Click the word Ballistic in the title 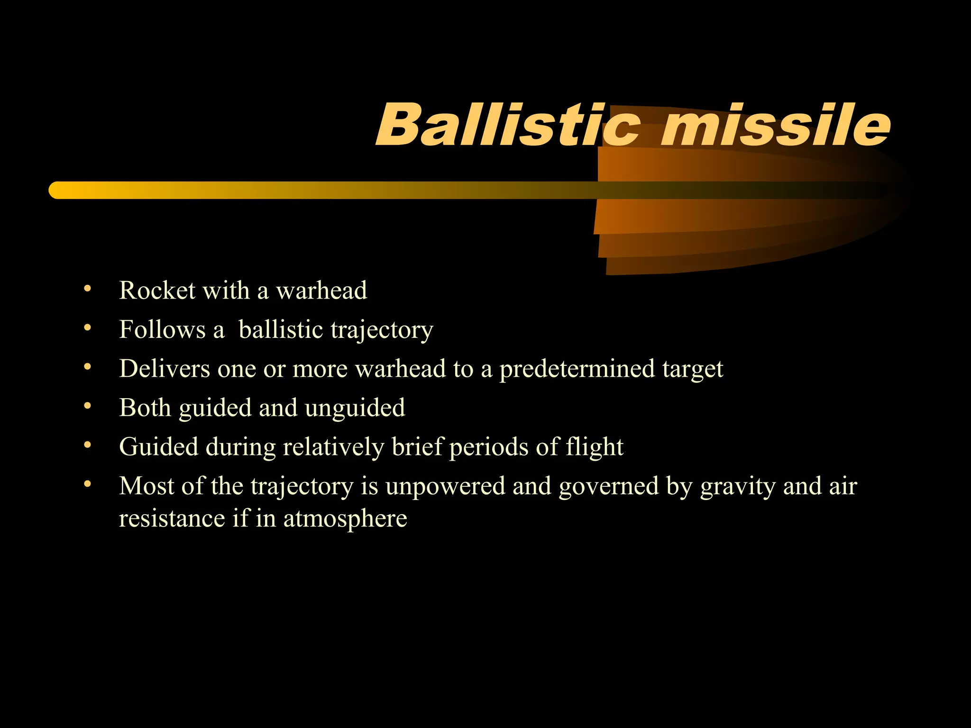(507, 125)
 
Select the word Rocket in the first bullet (157, 290)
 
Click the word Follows (162, 329)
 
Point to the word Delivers (164, 369)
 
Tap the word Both (145, 408)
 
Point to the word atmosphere (345, 519)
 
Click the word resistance (172, 519)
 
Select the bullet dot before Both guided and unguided (87, 406)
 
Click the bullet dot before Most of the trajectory (87, 484)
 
